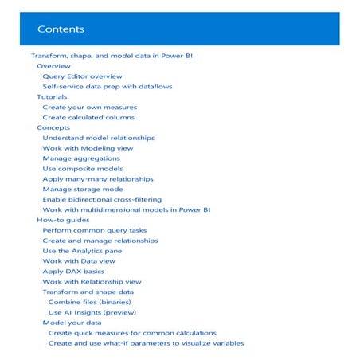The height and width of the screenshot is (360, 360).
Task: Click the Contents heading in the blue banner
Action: coord(61,30)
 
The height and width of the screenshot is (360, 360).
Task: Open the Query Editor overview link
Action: coord(82,76)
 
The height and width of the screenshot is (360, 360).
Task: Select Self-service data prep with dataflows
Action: coord(107,86)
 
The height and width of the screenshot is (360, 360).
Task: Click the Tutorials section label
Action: coord(53,96)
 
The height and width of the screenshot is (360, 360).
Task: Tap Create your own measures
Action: coord(89,107)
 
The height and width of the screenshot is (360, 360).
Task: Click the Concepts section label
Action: coord(53,127)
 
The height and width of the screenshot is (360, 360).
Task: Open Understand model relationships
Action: coord(98,138)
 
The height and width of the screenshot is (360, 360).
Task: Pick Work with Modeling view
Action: coord(88,148)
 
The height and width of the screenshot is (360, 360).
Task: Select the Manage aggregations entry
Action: coord(81,158)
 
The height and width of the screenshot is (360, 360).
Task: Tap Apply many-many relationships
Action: coord(97,179)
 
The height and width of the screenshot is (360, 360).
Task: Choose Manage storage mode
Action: coord(82,190)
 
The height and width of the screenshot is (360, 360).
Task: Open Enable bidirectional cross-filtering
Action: coord(102,200)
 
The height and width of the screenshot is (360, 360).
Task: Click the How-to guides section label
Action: coord(62,220)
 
